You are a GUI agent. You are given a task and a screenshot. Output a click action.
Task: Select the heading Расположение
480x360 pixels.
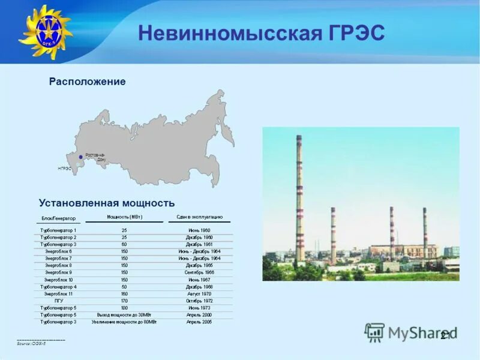[x=87, y=82]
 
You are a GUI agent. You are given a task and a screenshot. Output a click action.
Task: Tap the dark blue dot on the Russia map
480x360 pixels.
[x=80, y=157]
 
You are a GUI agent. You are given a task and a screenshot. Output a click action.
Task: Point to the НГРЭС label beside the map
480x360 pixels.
[x=65, y=169]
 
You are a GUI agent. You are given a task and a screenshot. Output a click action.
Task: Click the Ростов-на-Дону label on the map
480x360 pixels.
[x=95, y=157]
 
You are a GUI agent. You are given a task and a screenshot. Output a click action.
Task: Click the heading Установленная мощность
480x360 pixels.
[x=107, y=203]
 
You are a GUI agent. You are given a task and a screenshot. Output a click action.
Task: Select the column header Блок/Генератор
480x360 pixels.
[x=58, y=218]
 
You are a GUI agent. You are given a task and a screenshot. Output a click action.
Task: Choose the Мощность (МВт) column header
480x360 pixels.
[x=124, y=217]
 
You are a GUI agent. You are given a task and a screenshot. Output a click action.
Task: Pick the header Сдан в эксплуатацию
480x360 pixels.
[x=199, y=217]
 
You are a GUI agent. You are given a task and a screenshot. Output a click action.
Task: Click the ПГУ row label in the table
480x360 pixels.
[x=58, y=301]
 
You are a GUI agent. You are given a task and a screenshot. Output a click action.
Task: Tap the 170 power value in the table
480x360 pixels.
[x=124, y=301]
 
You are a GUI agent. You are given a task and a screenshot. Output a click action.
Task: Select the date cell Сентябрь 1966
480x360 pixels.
[x=199, y=272]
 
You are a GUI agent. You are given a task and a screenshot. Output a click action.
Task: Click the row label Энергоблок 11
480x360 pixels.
[x=58, y=294]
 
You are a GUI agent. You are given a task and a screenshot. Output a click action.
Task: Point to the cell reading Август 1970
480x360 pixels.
[x=199, y=294]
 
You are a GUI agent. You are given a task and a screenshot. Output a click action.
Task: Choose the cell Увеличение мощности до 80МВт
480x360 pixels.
[x=124, y=322]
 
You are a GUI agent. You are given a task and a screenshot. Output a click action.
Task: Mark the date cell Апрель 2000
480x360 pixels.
[x=199, y=315]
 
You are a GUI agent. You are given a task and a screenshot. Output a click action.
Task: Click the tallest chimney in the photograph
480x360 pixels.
[x=299, y=198]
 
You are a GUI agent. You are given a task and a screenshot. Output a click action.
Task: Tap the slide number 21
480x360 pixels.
[x=445, y=335]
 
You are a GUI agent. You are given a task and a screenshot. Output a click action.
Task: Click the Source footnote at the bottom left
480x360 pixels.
[x=31, y=343]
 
